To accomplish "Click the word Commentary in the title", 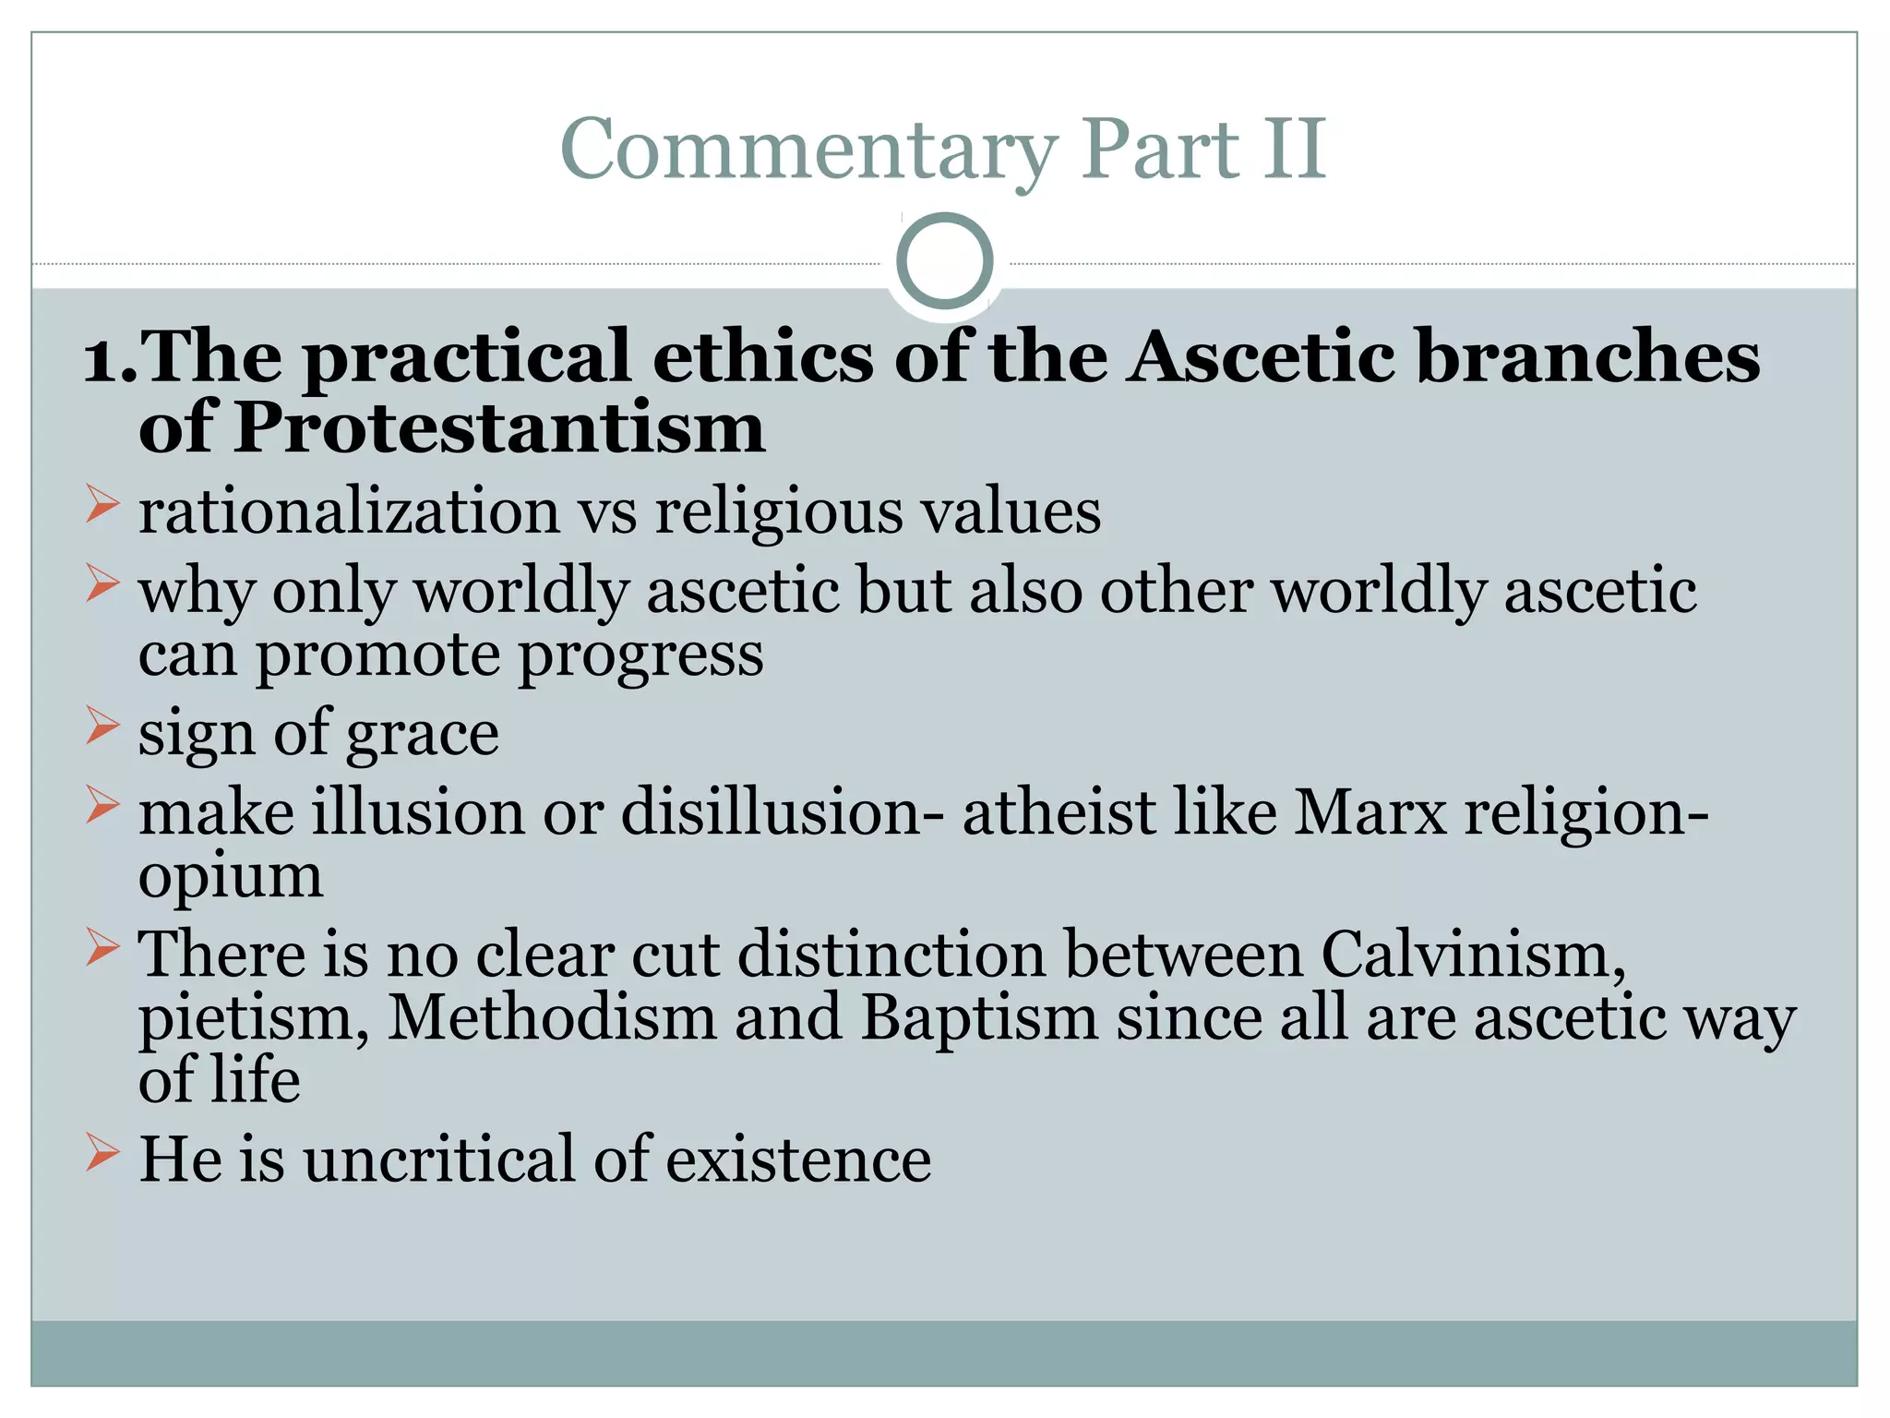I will click(808, 150).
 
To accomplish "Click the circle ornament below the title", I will click(944, 261).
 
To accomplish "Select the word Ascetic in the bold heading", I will click(1262, 356).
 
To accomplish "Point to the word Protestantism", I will click(498, 429).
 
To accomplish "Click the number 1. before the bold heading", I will click(109, 358).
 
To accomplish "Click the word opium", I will click(231, 878).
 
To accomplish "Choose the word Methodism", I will click(551, 1017).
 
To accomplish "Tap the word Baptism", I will click(978, 1017).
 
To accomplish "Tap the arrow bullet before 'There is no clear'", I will click(102, 947).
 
